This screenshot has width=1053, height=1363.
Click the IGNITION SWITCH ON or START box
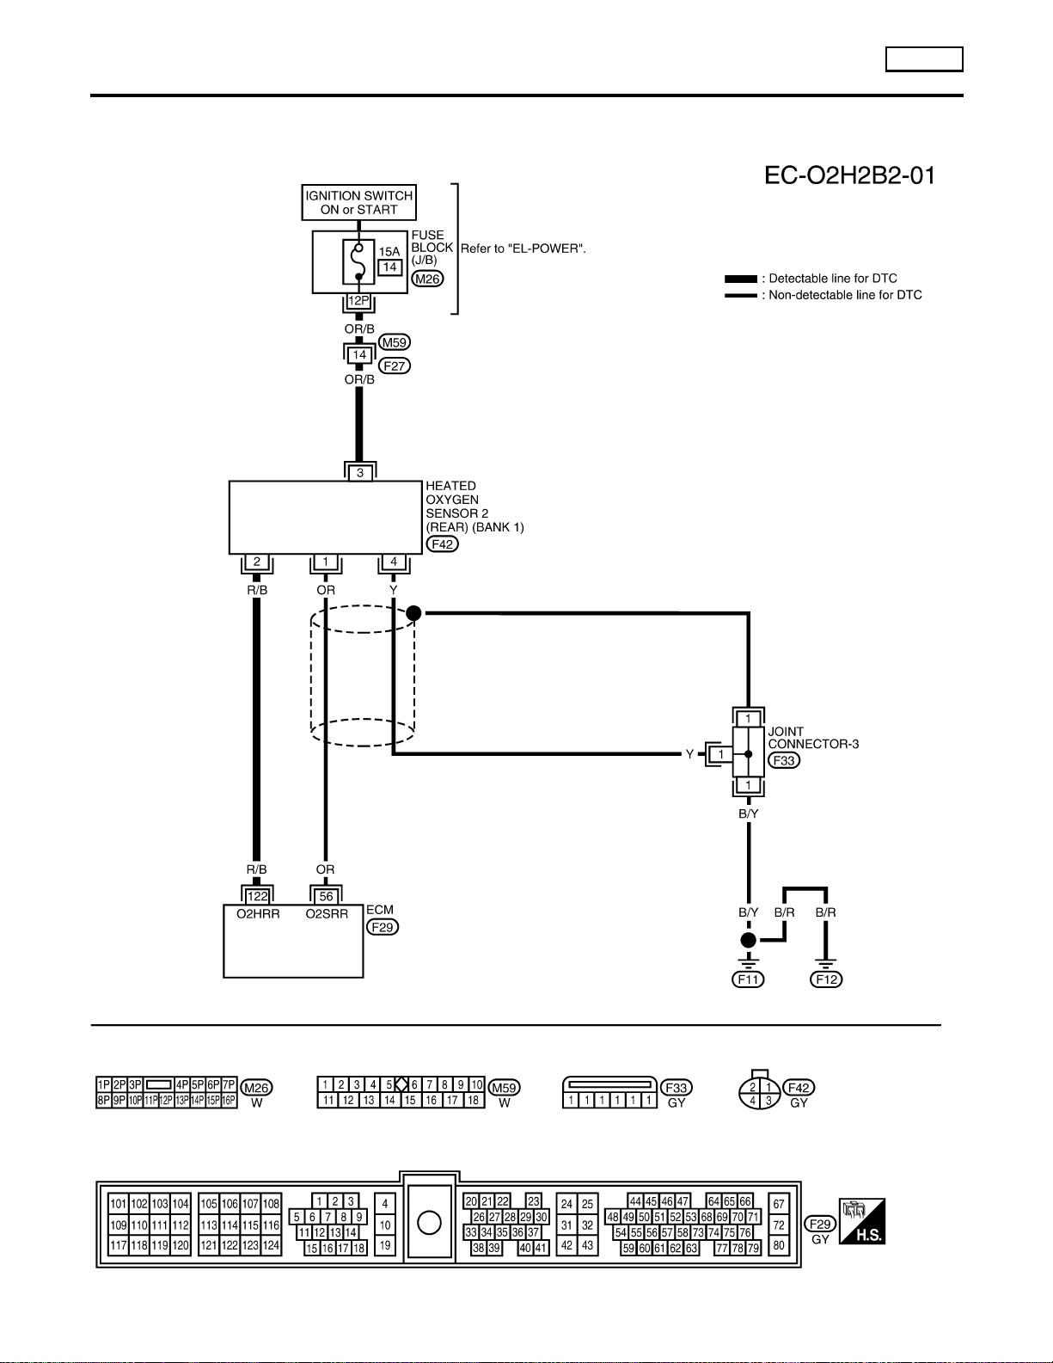(x=358, y=202)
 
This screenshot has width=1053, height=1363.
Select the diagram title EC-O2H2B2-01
(x=849, y=175)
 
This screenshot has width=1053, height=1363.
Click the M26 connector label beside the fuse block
(x=427, y=279)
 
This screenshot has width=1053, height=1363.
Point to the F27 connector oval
(x=395, y=365)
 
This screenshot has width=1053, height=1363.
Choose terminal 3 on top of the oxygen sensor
(x=360, y=473)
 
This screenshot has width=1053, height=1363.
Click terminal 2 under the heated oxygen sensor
(x=257, y=562)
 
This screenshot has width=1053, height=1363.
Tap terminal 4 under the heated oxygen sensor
(x=394, y=562)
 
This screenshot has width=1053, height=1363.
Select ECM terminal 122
(x=258, y=896)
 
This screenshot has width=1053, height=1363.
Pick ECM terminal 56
(x=326, y=896)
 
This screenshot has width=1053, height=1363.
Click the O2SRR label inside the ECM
(x=327, y=914)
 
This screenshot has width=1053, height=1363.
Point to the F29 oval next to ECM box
(x=383, y=927)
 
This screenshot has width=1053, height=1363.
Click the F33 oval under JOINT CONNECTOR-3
(x=784, y=761)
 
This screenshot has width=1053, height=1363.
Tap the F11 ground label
(x=749, y=979)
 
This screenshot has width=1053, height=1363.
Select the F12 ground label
(x=826, y=979)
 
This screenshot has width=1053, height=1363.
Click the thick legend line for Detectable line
(x=741, y=279)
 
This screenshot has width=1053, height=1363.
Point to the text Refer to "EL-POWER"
(x=523, y=249)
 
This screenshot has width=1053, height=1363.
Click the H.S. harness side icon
(x=862, y=1220)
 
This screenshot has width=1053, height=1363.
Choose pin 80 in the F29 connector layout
(x=779, y=1245)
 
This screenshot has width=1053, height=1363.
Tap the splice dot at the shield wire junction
(x=413, y=613)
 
